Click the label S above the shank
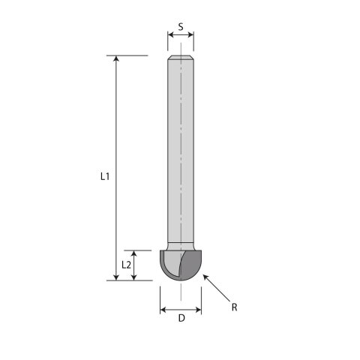[180, 27]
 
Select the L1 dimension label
[105, 177]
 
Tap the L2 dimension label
[127, 265]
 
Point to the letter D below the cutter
[181, 319]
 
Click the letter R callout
[234, 307]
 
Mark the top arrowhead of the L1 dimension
[116, 58]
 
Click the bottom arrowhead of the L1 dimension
[116, 277]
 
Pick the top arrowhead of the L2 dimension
[135, 253]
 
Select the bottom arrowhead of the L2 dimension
[135, 277]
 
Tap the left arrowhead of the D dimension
[163, 308]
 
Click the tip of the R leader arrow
[203, 276]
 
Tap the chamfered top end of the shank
[180, 58]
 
